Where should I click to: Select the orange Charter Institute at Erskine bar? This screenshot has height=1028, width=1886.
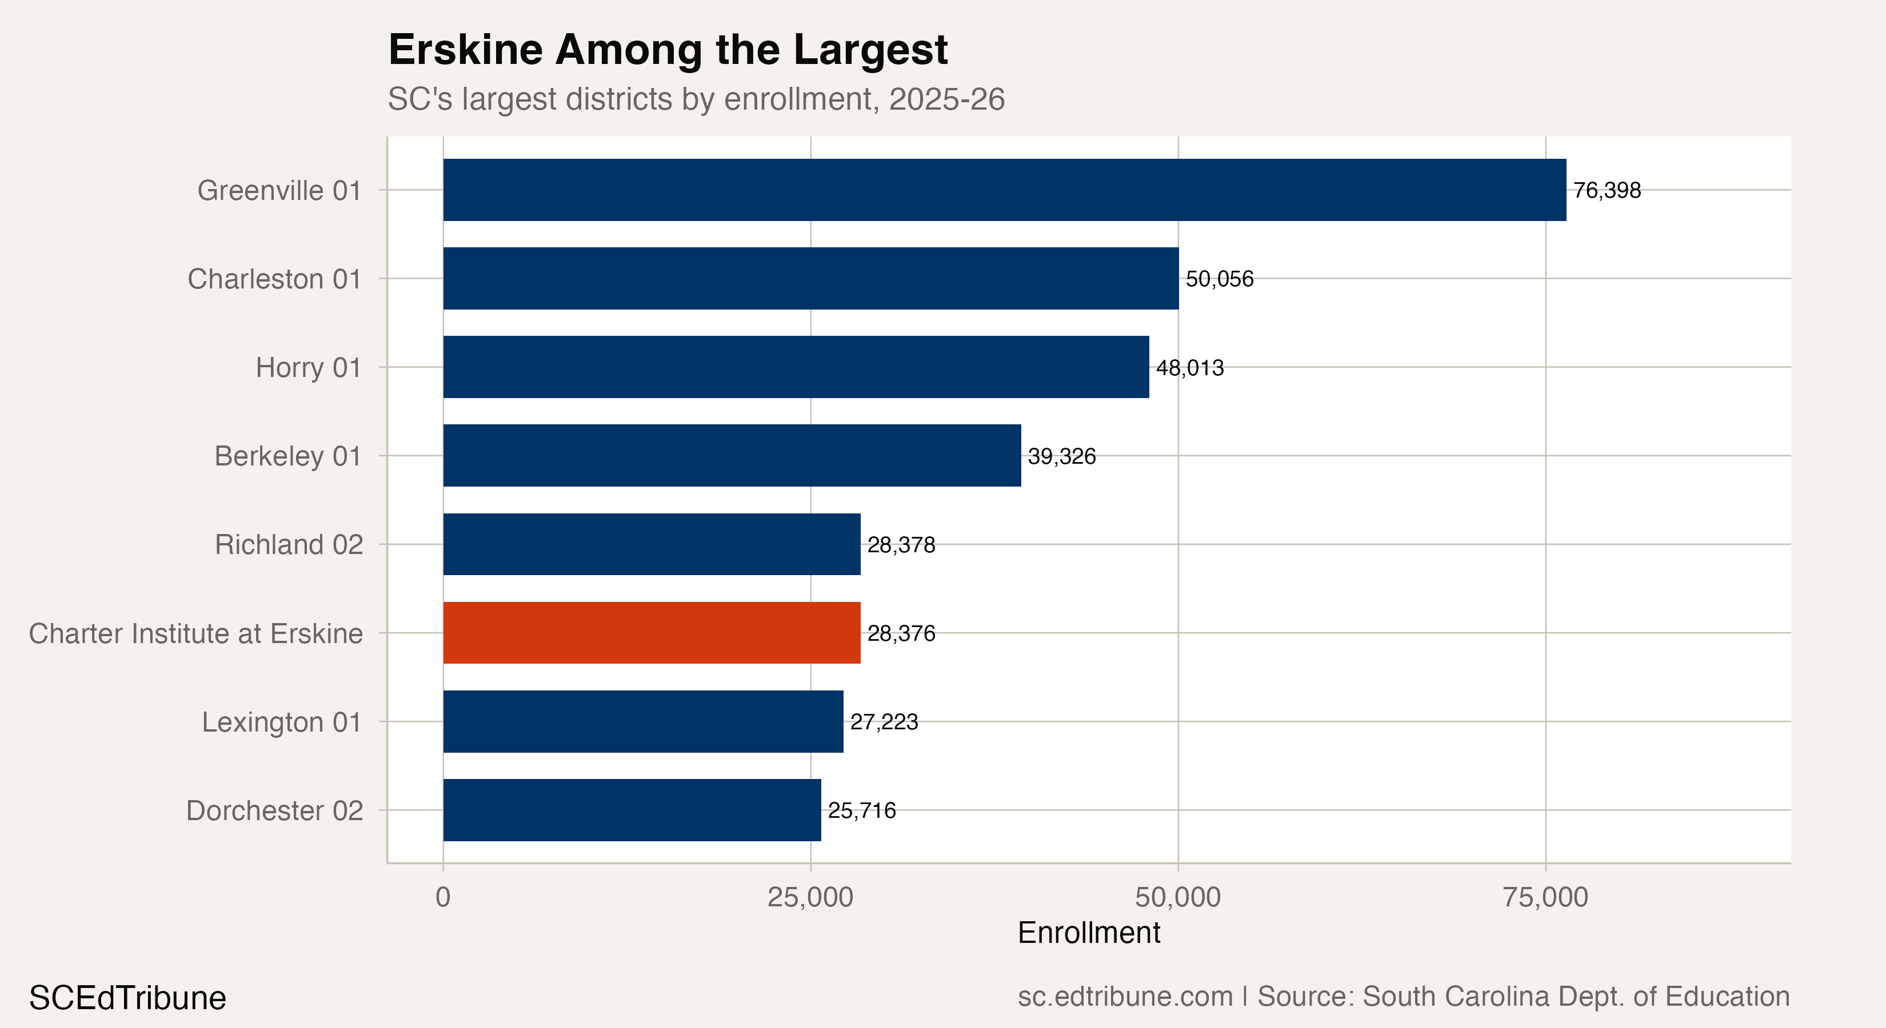(652, 633)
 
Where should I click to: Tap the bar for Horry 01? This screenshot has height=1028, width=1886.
(796, 367)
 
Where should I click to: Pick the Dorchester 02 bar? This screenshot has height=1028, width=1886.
(632, 810)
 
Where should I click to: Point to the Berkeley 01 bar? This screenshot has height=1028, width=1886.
(732, 455)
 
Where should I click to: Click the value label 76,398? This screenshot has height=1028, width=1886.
(1607, 190)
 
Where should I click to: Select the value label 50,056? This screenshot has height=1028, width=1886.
(1219, 279)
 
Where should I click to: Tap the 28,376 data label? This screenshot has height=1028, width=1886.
(901, 633)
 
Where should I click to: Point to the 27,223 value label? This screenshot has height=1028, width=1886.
(884, 722)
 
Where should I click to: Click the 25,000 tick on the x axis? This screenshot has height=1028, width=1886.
(810, 898)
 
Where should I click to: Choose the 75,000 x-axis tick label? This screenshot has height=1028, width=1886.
(1545, 898)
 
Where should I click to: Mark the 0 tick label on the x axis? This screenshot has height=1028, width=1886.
(442, 898)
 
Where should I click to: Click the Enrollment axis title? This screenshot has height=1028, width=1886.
(1088, 933)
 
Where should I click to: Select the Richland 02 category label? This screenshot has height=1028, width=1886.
(289, 544)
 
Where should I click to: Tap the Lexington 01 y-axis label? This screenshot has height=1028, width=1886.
(282, 722)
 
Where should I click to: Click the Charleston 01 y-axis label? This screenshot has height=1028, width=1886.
(274, 279)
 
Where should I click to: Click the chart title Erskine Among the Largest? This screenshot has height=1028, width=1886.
(668, 50)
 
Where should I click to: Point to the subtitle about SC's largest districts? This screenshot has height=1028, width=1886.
(696, 99)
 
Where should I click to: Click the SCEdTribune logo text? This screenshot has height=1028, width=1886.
(127, 998)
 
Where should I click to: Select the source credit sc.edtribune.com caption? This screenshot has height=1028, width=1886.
(1403, 997)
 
